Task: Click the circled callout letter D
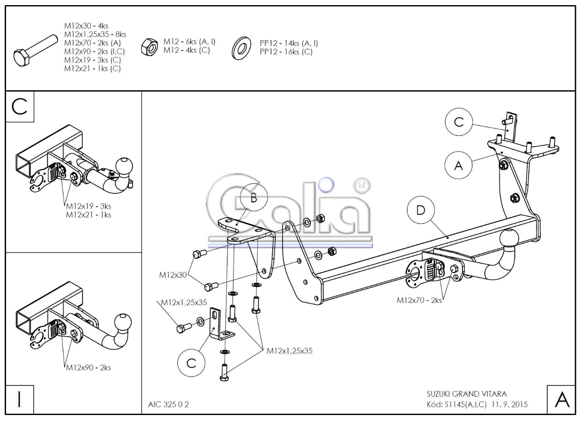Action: (x=421, y=210)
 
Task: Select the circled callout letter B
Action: (x=254, y=198)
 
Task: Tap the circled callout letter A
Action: (x=458, y=166)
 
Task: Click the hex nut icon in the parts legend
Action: (x=149, y=47)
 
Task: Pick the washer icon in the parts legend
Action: (x=241, y=48)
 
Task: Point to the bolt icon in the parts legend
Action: (x=35, y=51)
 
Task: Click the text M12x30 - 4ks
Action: (x=86, y=26)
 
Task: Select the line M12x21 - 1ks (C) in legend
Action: (x=92, y=69)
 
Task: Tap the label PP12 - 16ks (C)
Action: (x=286, y=52)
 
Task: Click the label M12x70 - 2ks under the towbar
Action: (x=419, y=300)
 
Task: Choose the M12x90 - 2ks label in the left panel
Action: (x=88, y=368)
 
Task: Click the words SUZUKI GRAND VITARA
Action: (x=466, y=394)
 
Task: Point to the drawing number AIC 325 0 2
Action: (x=168, y=404)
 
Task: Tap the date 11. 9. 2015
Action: (x=509, y=404)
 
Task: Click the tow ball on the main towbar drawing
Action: (x=509, y=239)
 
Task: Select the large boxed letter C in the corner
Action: (x=20, y=107)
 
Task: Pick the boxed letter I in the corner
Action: (x=19, y=399)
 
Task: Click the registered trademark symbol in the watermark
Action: (x=362, y=185)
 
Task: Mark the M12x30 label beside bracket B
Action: (x=173, y=275)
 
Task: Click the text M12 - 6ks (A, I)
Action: (x=189, y=42)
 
